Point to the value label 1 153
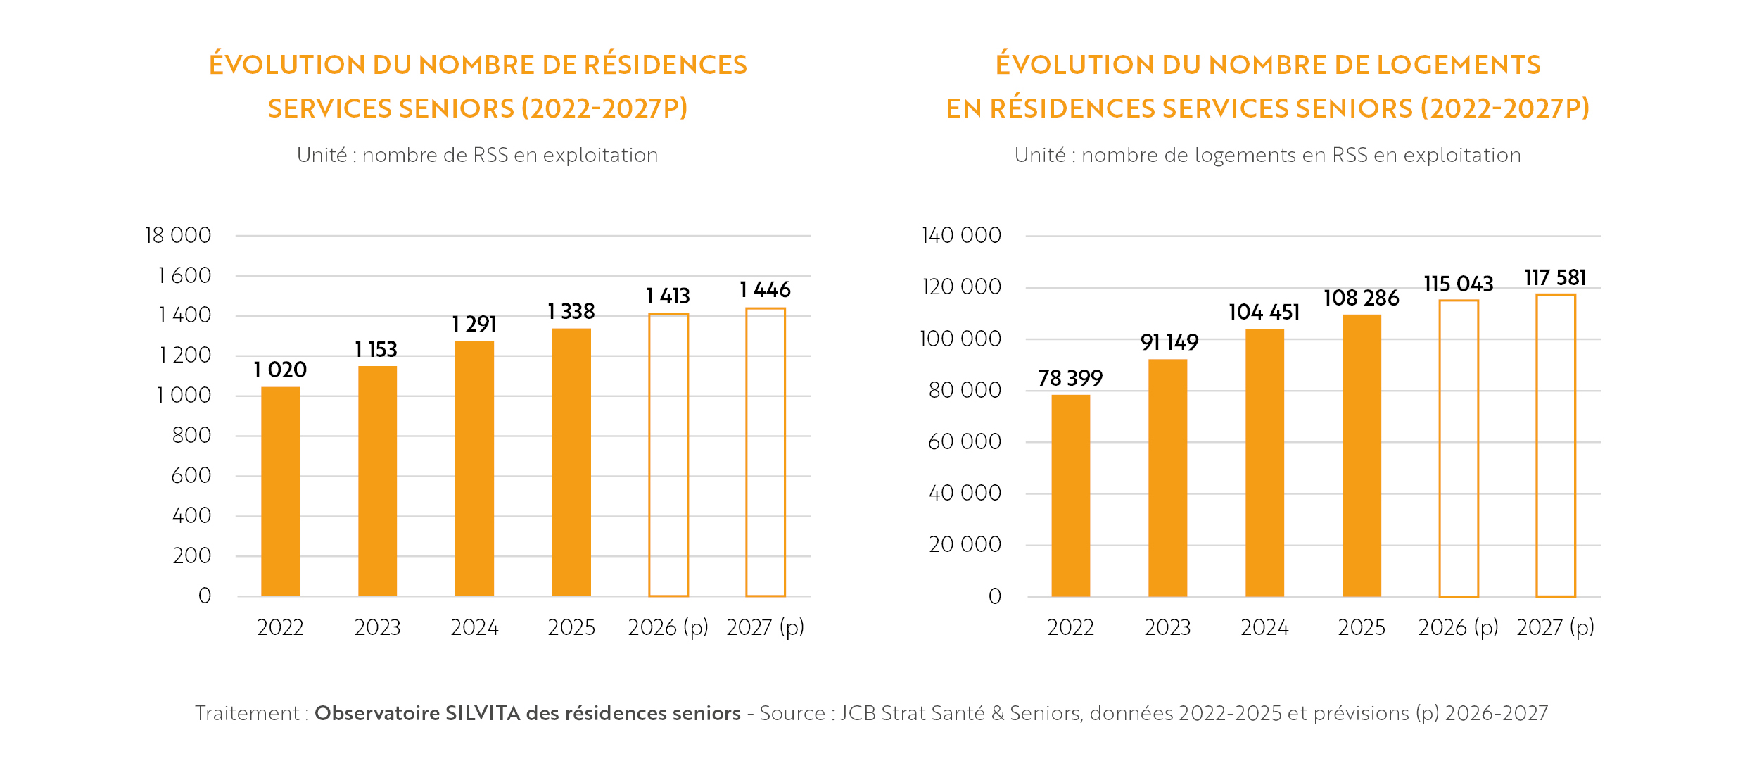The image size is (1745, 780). [x=376, y=349]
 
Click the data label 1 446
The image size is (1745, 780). [x=765, y=289]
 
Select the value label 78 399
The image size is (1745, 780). [x=1070, y=378]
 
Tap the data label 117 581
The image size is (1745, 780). [x=1555, y=277]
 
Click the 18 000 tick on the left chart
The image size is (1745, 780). [x=177, y=235]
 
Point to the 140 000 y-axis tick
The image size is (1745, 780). [x=961, y=235]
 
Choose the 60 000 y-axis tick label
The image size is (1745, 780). [x=964, y=441]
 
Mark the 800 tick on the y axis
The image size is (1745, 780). [x=191, y=435]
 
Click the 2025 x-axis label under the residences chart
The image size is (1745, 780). [x=571, y=627]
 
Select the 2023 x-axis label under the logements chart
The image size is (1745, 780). [x=1167, y=627]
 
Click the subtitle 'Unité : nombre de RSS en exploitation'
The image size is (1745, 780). [x=477, y=155]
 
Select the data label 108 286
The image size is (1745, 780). [x=1361, y=298]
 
